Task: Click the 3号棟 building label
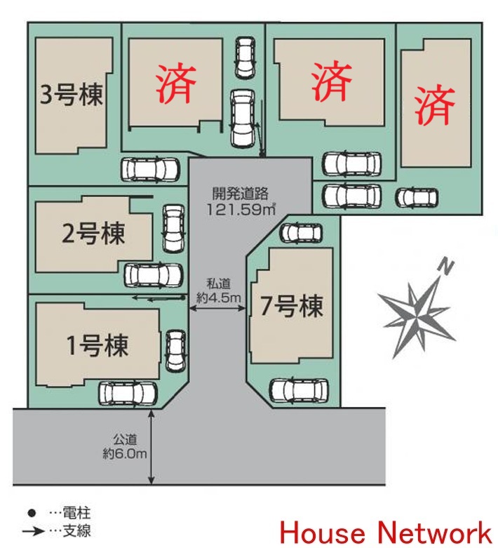click(x=72, y=95)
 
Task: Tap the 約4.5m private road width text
click(x=224, y=299)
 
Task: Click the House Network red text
click(x=386, y=530)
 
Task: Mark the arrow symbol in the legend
click(x=32, y=531)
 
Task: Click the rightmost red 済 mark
click(x=434, y=105)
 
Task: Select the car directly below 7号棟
click(x=300, y=390)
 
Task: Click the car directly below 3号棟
click(x=149, y=169)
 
